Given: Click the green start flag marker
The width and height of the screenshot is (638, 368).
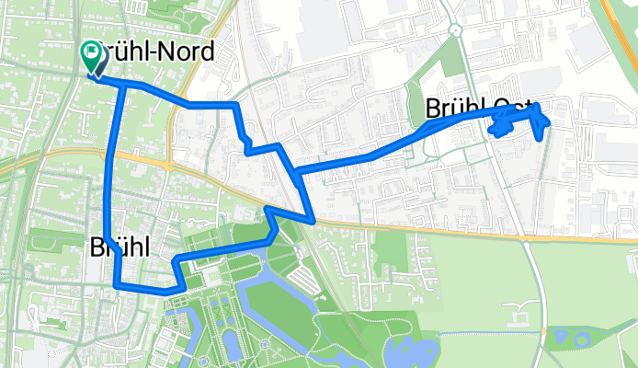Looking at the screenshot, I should click(94, 55).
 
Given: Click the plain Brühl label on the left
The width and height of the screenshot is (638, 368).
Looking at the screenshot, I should click(120, 247).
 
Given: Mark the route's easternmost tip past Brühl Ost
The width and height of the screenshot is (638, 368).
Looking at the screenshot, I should click(549, 121).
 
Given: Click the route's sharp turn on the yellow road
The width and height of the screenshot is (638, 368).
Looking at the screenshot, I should click(314, 221).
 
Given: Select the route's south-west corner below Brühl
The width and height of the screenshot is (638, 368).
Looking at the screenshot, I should click(118, 286).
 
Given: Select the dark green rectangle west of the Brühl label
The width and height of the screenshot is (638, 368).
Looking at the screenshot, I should click(44, 242).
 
